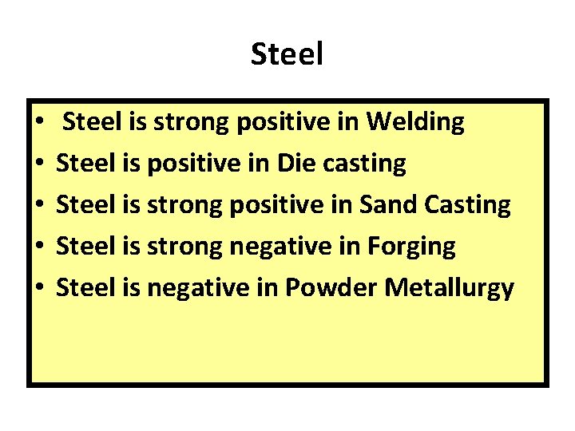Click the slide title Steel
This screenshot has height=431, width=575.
[x=287, y=54]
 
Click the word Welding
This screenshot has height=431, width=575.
[x=415, y=122]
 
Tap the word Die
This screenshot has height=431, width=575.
[x=296, y=164]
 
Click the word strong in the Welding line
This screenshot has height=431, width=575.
[x=188, y=122]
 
